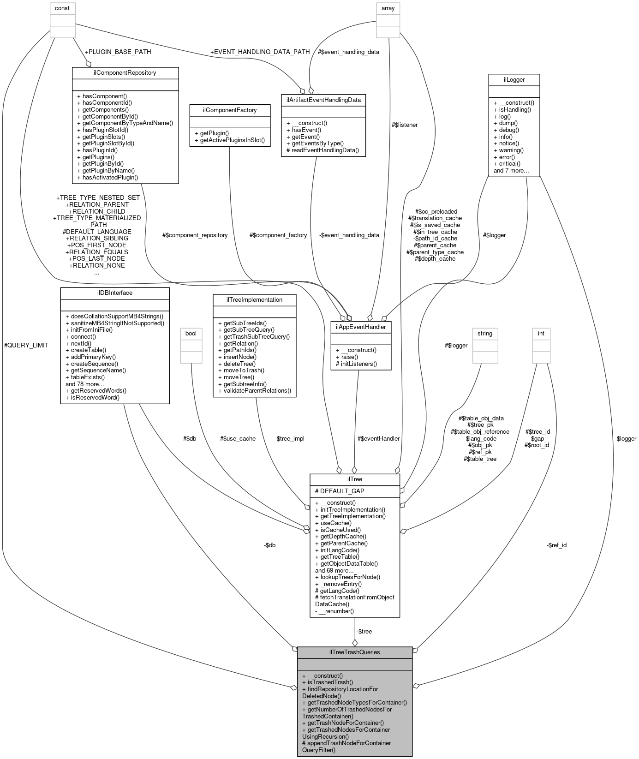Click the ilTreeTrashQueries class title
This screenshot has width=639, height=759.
[x=354, y=652]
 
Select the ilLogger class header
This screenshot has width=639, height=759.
[x=514, y=79]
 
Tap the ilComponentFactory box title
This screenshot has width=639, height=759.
[x=230, y=110]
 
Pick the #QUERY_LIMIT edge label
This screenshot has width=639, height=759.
[x=26, y=345]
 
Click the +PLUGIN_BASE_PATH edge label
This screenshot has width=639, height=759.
[x=118, y=52]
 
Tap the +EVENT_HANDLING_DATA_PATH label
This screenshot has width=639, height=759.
[x=260, y=52]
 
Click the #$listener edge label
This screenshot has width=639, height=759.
[x=404, y=125]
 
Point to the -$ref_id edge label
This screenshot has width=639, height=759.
[x=556, y=545]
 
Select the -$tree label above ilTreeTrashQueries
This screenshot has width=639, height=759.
[x=364, y=631]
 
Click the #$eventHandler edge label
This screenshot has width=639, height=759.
[x=378, y=438]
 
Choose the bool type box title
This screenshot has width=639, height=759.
[x=191, y=333]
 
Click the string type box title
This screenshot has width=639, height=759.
[x=485, y=333]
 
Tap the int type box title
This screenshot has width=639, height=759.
[x=541, y=333]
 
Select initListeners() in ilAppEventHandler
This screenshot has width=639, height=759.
[x=357, y=364]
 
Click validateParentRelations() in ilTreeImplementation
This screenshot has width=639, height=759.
[x=254, y=390]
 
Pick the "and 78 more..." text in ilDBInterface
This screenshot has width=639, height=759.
[x=85, y=383]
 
